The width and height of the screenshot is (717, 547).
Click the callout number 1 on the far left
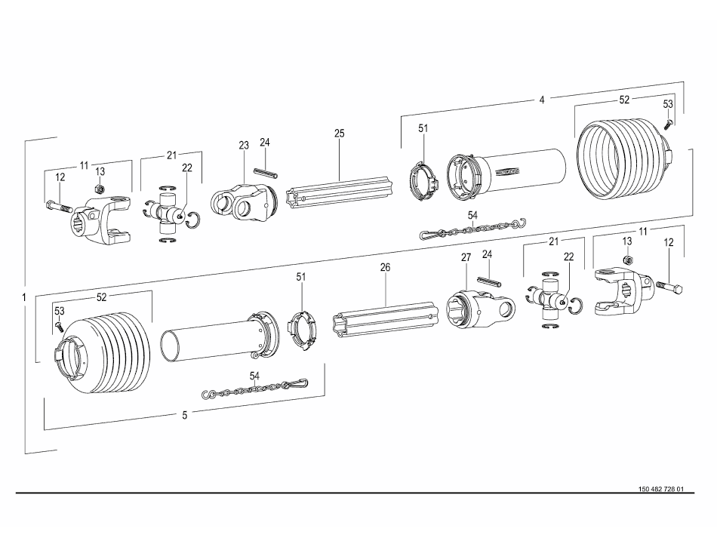point(25,298)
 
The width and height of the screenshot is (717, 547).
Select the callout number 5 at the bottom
point(185,414)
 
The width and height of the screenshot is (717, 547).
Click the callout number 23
point(244,145)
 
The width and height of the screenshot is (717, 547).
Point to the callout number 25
point(340,134)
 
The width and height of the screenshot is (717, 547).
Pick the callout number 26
point(386,267)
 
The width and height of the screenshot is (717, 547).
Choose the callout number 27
point(466,257)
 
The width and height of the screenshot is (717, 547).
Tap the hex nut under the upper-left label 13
point(98,188)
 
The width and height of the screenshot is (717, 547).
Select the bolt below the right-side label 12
point(669,287)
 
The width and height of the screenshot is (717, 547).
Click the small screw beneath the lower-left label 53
point(59,325)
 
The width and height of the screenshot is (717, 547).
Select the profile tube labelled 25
point(340,188)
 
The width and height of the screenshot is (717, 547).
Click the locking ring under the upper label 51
point(423,181)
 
